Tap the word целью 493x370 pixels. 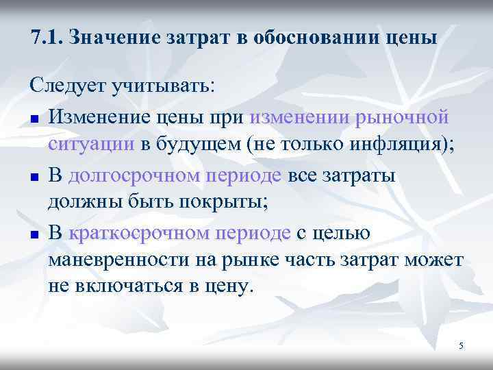342,233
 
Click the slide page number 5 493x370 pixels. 461,347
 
